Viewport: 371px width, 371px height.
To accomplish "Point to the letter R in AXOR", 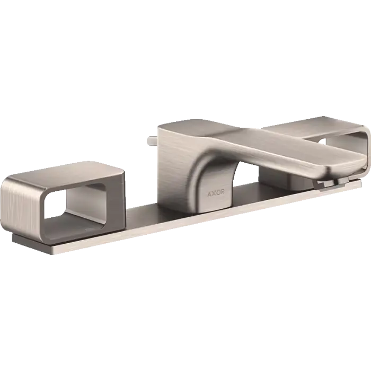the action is (223, 192).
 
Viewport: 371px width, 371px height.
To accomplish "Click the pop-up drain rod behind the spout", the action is (153, 140).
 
